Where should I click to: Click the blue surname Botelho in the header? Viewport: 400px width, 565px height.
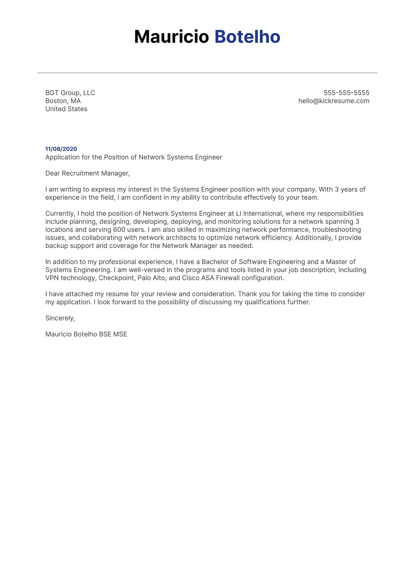point(247,37)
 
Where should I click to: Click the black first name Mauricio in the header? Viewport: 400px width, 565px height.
point(171,37)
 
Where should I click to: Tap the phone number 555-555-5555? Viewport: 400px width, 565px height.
point(346,93)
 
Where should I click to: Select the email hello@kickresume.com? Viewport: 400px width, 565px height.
point(334,101)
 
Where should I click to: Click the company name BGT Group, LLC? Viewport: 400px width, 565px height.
point(70,93)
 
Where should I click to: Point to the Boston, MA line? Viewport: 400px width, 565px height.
point(63,101)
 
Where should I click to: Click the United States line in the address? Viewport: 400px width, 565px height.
point(66,109)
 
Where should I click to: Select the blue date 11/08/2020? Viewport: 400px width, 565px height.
point(61,149)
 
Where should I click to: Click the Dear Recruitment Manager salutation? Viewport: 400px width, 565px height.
point(87,173)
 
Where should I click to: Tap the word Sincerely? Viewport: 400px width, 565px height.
point(60,318)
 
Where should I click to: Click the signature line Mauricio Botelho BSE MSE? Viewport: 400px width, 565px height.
point(86,334)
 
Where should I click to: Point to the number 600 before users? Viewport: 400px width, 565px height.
point(119,230)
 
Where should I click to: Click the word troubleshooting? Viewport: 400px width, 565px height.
point(336,230)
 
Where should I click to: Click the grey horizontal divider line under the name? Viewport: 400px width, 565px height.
point(207,73)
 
